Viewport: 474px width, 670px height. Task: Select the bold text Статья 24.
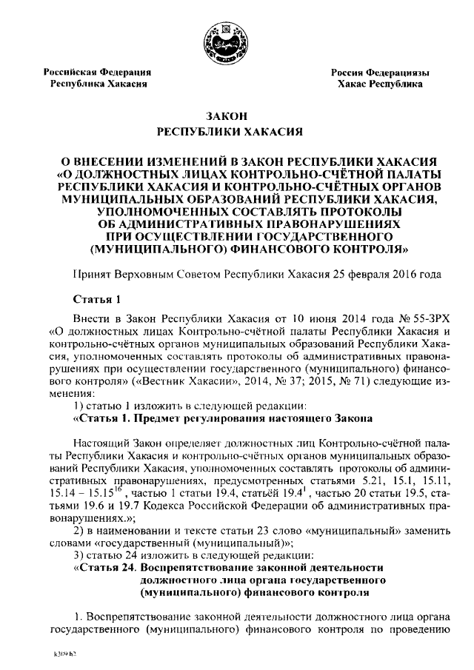pos(106,567)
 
